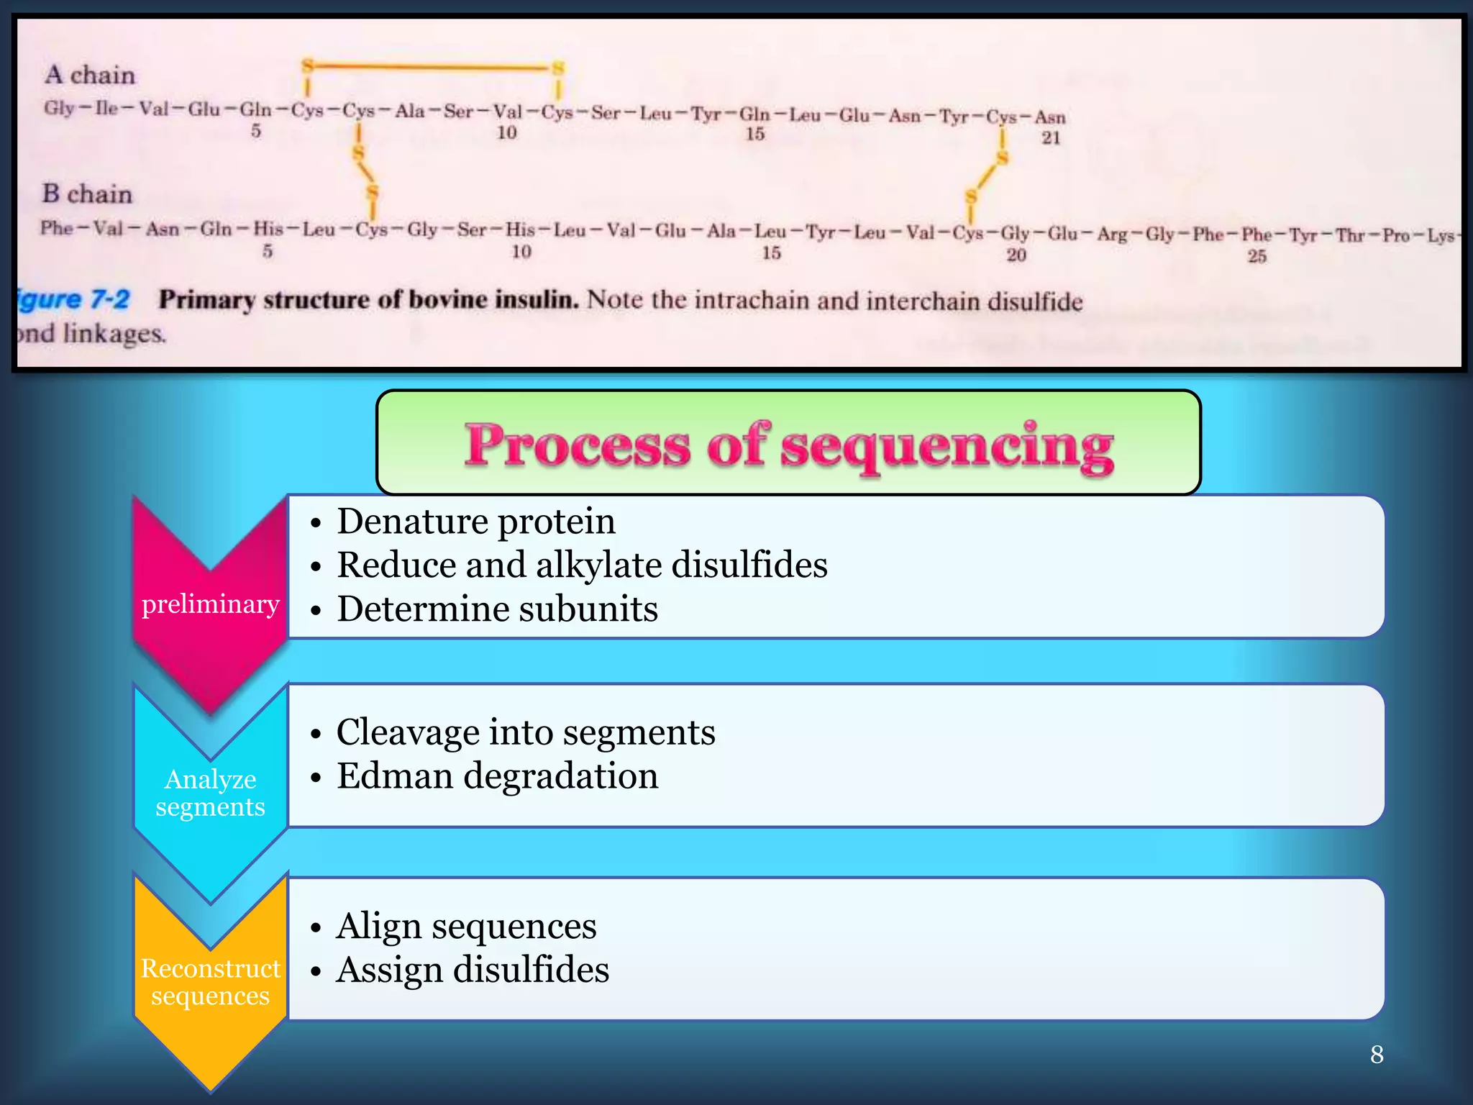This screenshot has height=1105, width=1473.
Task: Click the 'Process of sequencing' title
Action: (788, 445)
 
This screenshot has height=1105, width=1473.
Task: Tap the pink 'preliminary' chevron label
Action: (210, 604)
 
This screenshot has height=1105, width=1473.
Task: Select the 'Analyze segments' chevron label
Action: (210, 793)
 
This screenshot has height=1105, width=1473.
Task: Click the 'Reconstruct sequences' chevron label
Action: (210, 982)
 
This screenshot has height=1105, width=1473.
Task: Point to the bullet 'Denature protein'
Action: (476, 522)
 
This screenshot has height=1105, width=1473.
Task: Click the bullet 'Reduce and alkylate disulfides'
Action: (582, 565)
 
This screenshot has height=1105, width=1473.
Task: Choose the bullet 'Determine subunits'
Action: (497, 609)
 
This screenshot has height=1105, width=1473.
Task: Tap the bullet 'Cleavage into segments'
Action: (526, 732)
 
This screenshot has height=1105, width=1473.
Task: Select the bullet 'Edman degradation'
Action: (497, 776)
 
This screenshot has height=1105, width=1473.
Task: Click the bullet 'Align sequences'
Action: (466, 926)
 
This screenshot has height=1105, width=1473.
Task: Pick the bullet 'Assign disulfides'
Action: (473, 970)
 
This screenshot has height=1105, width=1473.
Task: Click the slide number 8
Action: (1377, 1055)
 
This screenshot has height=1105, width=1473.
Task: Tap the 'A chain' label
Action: (90, 75)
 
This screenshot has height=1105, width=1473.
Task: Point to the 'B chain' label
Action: (87, 194)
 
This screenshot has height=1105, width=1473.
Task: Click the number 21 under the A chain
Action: (1051, 137)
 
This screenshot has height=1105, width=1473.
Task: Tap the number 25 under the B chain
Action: (1257, 256)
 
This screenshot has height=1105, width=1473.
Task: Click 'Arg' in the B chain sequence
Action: (1112, 235)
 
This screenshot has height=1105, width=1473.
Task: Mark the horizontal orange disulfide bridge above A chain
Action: (432, 68)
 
